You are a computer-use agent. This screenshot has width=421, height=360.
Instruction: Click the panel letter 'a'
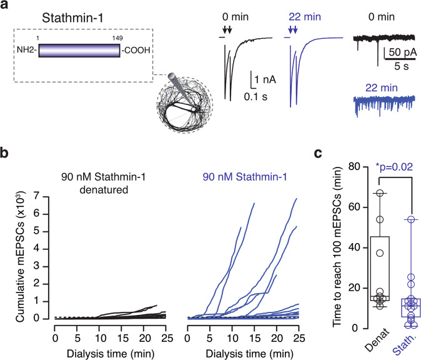(6, 7)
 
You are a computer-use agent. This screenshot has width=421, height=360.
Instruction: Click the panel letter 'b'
(6, 151)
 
